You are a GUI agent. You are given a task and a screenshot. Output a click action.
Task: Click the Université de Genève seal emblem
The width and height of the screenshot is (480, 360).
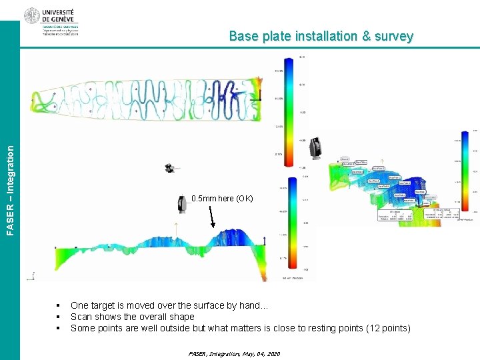tap(31, 16)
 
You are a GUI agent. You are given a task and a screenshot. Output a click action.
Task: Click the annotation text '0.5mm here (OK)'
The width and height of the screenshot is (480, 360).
tap(222, 199)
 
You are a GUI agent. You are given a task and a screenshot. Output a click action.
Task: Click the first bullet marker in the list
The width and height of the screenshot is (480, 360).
tap(59, 305)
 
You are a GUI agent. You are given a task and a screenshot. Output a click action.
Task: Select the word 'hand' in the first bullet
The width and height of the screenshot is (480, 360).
tap(250, 305)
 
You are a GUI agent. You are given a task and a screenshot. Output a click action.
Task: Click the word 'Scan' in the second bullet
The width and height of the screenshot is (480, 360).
tap(81, 317)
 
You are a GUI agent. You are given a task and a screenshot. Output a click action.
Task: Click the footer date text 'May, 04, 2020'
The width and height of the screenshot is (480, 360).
tap(257, 353)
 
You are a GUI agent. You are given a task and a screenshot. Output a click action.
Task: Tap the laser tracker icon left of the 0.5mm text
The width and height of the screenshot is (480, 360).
tap(181, 204)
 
